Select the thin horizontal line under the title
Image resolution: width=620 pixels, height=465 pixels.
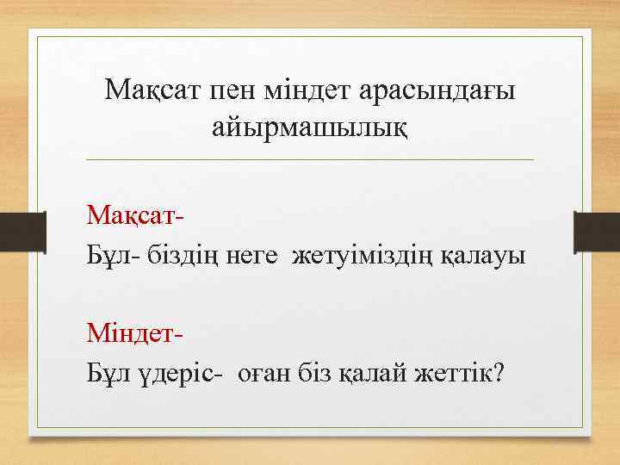(x=310, y=160)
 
